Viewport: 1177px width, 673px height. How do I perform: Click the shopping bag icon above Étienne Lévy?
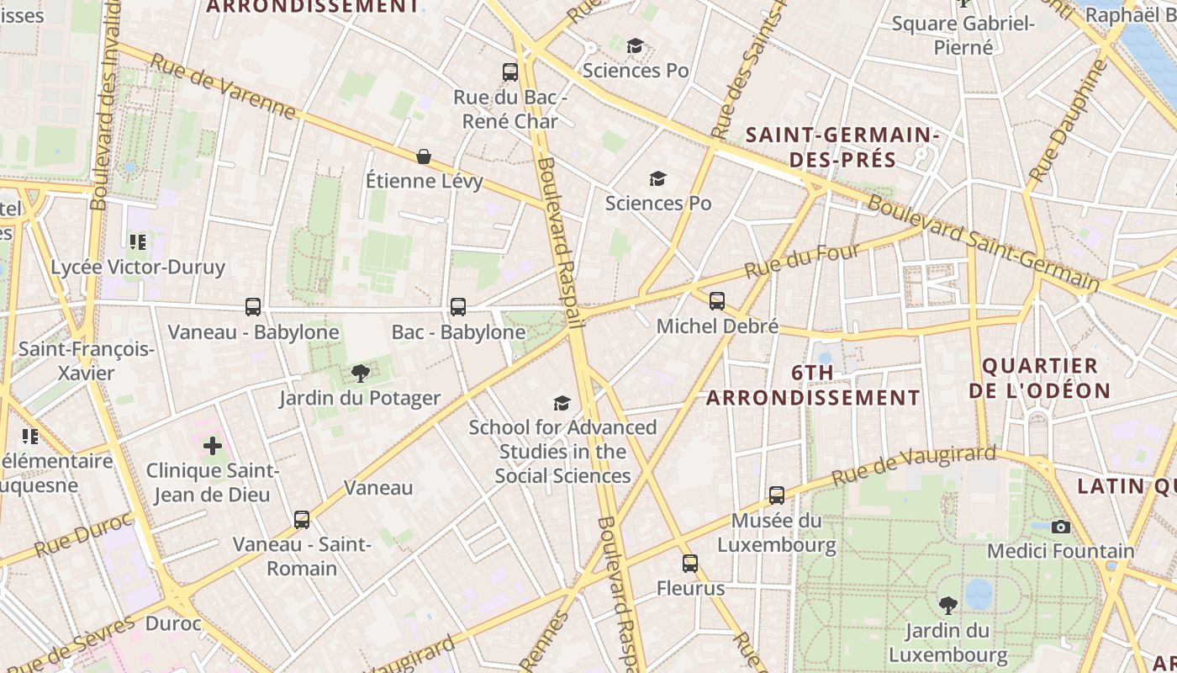[424, 156]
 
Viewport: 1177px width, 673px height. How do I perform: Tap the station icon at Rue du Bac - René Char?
[510, 72]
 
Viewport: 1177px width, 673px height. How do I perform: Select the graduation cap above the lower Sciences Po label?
[657, 178]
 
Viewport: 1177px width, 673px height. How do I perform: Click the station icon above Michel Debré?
[717, 300]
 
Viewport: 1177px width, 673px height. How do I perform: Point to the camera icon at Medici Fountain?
[1061, 527]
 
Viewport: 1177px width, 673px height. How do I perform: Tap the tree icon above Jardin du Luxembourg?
[947, 605]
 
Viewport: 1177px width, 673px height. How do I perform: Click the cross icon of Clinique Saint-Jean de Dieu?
[213, 445]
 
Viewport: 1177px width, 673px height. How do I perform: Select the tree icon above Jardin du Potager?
[360, 373]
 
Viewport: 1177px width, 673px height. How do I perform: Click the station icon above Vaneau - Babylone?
[253, 307]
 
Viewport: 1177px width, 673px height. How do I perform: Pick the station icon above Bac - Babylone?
[458, 307]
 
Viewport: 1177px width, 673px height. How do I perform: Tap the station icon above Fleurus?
[690, 563]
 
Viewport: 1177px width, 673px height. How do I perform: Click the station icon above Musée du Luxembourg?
[777, 495]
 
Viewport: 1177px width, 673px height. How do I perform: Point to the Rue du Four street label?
[802, 261]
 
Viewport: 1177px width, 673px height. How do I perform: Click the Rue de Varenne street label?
[223, 87]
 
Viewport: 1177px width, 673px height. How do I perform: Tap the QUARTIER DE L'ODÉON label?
[1040, 378]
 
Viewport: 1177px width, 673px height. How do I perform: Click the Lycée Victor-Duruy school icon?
[138, 242]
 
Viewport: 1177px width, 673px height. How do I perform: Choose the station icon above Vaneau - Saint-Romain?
[302, 519]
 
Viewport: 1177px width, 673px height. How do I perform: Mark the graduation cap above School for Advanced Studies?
[562, 403]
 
